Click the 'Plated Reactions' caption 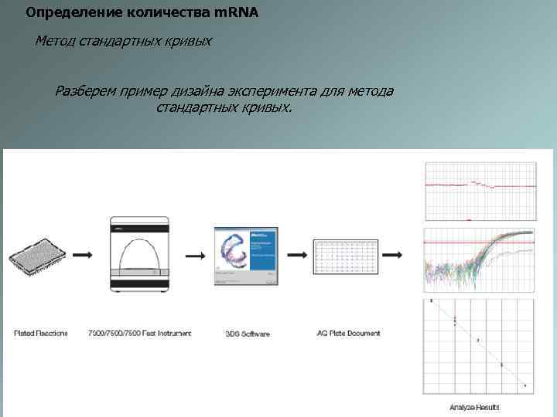click(x=41, y=334)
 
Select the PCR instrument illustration click(x=140, y=253)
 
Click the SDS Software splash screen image click(x=245, y=256)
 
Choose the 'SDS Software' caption click(x=248, y=334)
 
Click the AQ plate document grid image click(x=346, y=256)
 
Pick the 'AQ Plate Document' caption click(x=348, y=334)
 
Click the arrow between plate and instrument click(x=80, y=254)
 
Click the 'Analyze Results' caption click(x=474, y=407)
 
